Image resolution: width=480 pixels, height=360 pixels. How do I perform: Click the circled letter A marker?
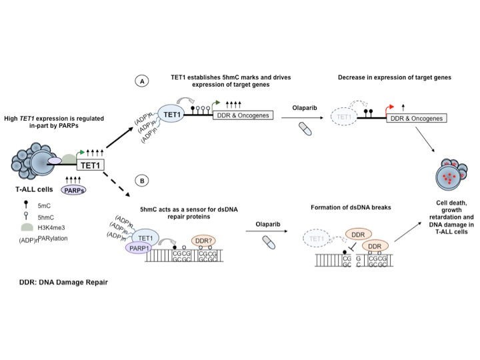(x=142, y=82)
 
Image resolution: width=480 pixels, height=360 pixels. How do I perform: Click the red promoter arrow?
(x=389, y=107)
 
